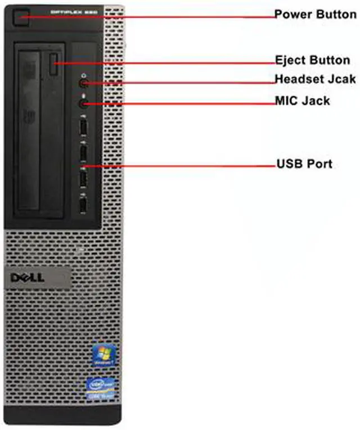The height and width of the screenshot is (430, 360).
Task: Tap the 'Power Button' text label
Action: (x=315, y=14)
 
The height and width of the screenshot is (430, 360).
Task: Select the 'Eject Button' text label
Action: (x=312, y=60)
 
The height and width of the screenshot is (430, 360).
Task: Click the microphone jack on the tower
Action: (x=84, y=103)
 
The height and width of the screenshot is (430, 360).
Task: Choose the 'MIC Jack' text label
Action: (x=301, y=101)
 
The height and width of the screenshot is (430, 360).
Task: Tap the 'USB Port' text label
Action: (x=304, y=164)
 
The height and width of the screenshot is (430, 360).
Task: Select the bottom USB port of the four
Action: (x=83, y=205)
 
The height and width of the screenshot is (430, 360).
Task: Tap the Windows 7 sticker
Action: (x=105, y=356)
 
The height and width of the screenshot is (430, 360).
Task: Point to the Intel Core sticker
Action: (x=105, y=388)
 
